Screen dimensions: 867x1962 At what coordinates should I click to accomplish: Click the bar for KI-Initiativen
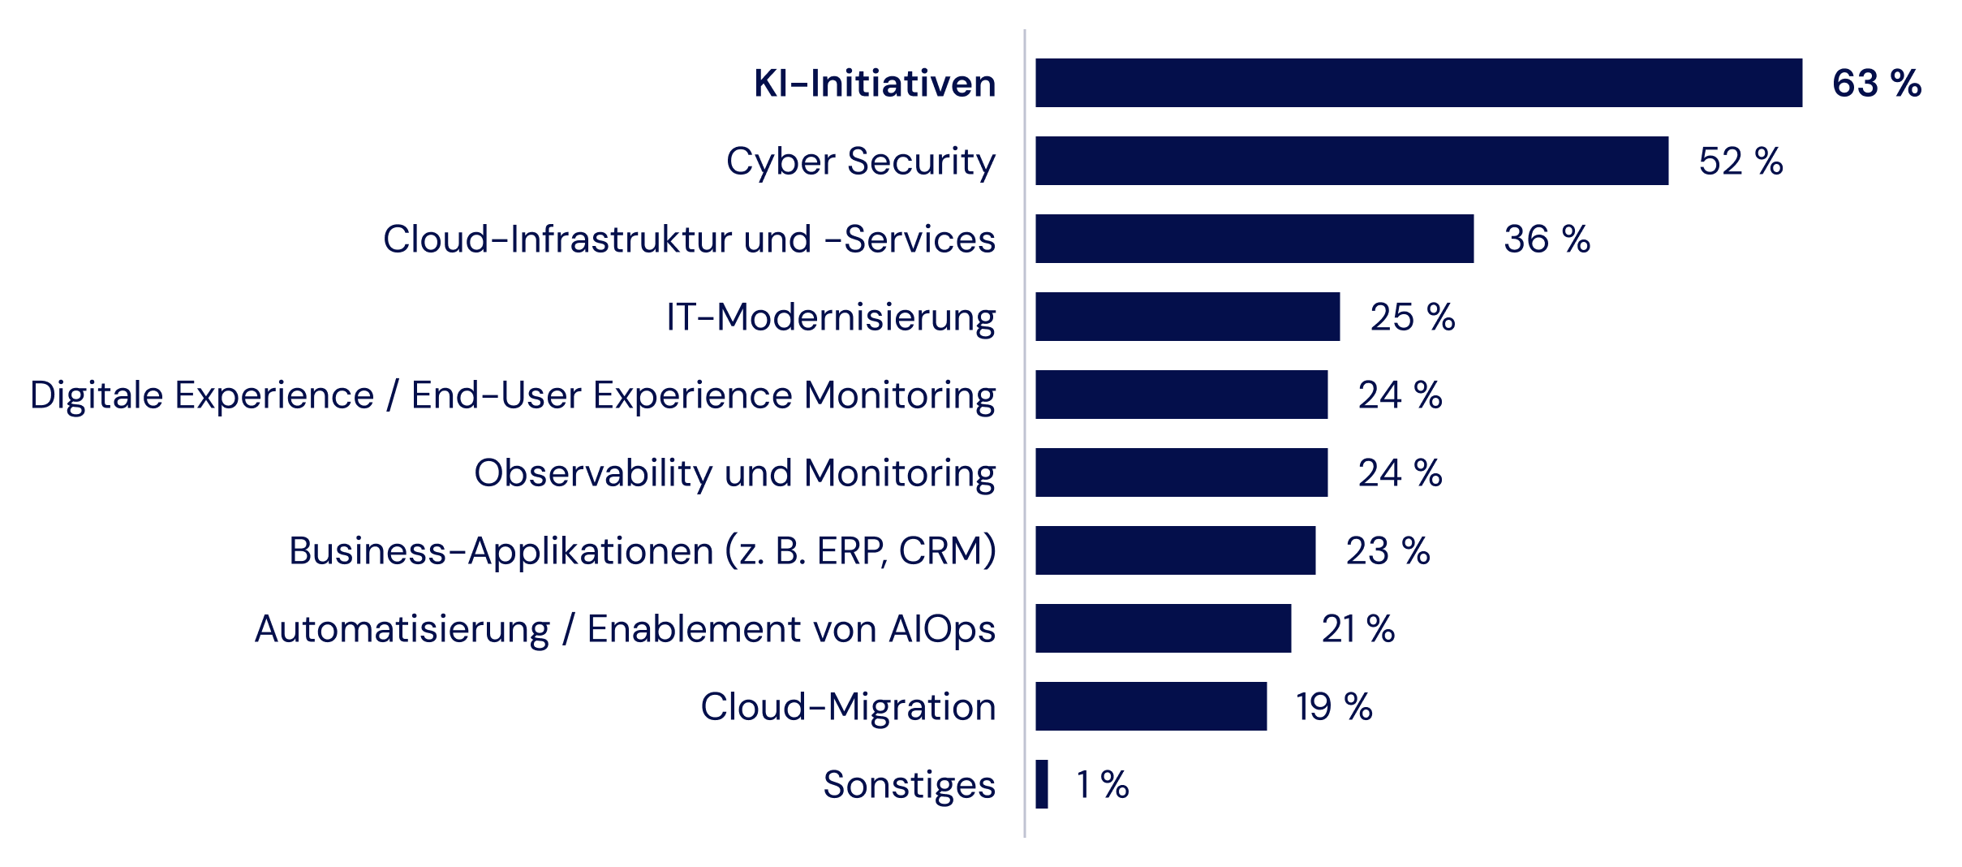1418,83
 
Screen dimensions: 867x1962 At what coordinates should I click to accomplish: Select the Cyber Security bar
1352,161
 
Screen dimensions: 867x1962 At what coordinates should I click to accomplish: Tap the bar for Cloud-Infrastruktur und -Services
1254,239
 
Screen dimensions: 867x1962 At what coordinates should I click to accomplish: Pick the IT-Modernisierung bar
1187,317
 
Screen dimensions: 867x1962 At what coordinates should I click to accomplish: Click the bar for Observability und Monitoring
1181,472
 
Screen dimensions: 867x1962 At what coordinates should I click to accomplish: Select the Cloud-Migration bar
1151,706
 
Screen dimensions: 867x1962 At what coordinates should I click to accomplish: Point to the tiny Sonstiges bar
1042,784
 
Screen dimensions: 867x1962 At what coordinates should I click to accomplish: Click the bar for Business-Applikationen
1175,550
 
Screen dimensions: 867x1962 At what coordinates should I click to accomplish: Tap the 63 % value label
1876,84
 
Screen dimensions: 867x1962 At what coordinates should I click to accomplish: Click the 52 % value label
1740,162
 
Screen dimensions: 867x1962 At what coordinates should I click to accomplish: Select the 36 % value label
1547,239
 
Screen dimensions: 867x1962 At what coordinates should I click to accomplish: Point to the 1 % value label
1102,785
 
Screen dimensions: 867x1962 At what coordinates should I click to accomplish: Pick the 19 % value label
1334,707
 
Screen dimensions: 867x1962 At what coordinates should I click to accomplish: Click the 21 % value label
1357,629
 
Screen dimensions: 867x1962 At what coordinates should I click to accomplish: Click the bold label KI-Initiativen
875,84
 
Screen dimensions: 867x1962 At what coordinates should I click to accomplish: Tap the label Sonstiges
909,785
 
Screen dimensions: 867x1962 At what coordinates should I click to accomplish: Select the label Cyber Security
860,162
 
